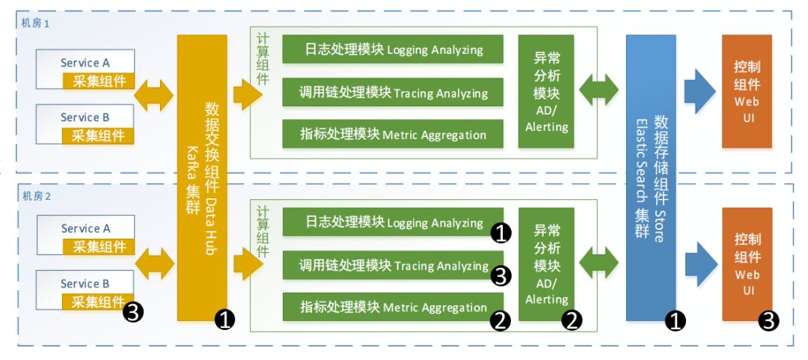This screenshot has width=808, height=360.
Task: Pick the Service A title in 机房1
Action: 85,63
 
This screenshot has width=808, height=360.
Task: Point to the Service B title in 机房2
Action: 85,284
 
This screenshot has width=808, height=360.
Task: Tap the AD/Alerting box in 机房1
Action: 546,92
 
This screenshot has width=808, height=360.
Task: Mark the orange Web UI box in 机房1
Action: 746,92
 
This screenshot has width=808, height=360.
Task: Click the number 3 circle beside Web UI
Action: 769,321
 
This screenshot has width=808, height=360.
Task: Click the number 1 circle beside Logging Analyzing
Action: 501,234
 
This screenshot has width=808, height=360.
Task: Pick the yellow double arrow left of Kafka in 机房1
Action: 154,95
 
